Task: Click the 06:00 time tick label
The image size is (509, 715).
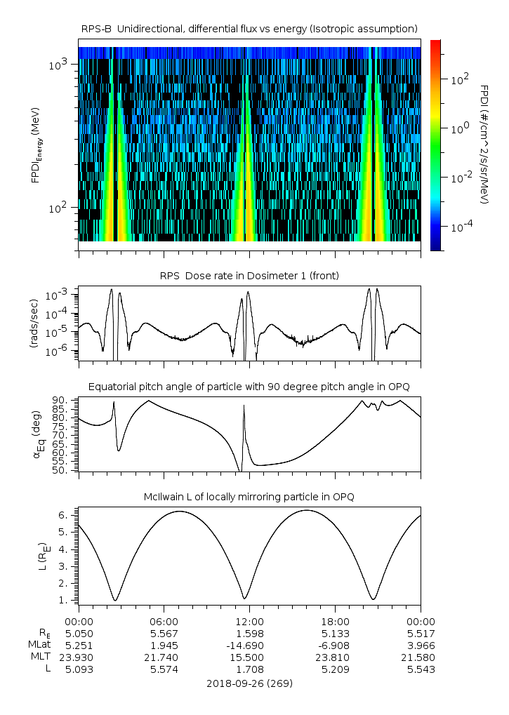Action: [164, 622]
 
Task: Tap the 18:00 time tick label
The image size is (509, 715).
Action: [335, 622]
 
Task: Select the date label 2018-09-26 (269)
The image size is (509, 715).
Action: [249, 683]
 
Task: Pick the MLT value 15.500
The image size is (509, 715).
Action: [249, 657]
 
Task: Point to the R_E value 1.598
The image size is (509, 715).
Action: [249, 633]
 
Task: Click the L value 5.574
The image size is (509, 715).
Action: [164, 669]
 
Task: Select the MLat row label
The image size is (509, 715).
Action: [37, 645]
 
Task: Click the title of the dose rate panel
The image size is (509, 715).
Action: [249, 276]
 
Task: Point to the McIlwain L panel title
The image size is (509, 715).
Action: [249, 497]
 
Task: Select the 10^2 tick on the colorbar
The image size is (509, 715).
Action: [457, 80]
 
